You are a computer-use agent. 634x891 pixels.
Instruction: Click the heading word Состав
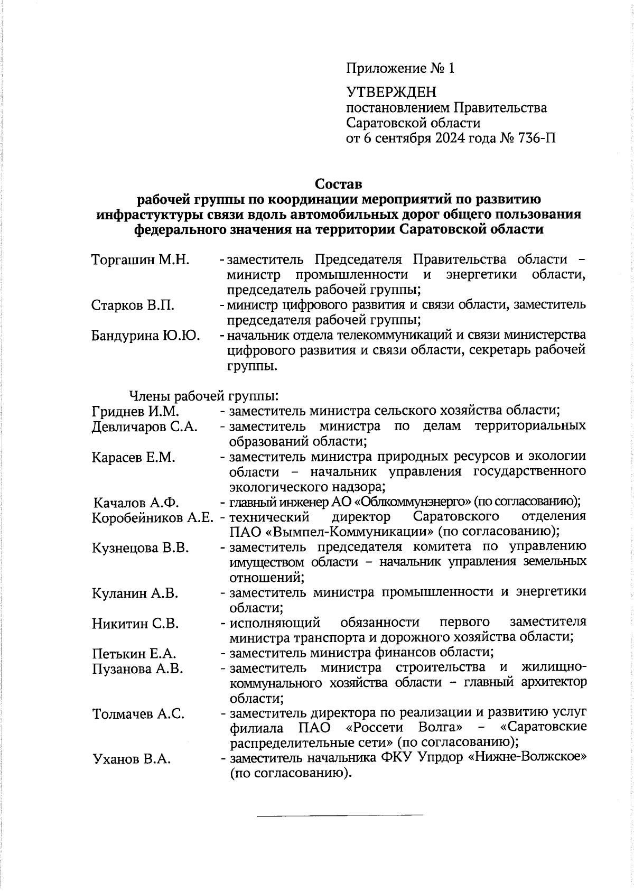tap(339, 184)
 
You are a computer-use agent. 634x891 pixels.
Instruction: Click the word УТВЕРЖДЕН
tap(391, 92)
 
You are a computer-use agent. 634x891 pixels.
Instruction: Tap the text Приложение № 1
tap(400, 68)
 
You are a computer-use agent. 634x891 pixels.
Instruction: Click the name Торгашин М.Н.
tap(140, 260)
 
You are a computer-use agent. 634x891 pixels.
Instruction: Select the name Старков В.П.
tap(133, 305)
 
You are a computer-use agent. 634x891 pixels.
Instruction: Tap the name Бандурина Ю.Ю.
tap(146, 336)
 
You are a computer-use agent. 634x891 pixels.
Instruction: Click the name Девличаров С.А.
tap(145, 426)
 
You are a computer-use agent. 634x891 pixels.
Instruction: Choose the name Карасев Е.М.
tap(133, 457)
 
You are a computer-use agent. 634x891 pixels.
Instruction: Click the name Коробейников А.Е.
tap(152, 517)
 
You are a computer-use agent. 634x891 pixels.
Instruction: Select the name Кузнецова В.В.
tap(141, 547)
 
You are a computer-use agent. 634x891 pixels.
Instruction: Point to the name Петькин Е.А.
tap(134, 654)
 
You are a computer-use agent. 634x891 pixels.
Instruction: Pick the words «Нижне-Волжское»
tap(528, 757)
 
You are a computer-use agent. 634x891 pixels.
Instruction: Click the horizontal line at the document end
tap(340, 815)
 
